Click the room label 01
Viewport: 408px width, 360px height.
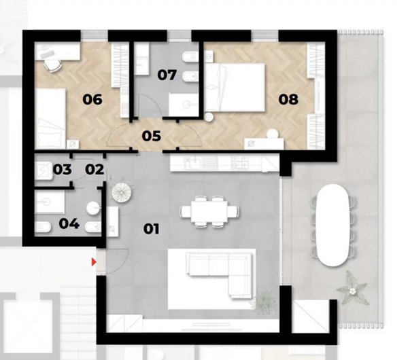151,229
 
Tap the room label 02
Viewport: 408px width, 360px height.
95,170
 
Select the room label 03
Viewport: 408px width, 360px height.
62,170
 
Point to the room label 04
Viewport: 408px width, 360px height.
69,223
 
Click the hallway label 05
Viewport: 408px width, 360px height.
152,137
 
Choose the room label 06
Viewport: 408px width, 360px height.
92,100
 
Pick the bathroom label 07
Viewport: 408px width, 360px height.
167,75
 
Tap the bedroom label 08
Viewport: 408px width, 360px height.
288,99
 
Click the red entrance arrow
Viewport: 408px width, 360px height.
94,262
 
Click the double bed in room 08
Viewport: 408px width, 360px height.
235,88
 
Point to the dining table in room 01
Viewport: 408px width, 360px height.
209,211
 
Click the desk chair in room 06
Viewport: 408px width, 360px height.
53,65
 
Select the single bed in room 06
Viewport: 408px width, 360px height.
50,118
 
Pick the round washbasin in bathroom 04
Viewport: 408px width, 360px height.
93,209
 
